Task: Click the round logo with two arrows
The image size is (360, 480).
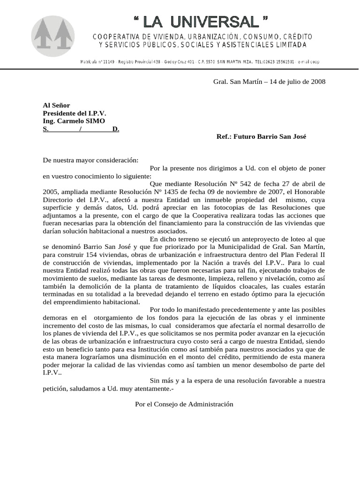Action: [x=52, y=37]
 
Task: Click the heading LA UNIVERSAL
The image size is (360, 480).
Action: [x=201, y=22]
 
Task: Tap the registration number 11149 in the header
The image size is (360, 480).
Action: [x=108, y=62]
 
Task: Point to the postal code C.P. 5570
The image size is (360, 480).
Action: [x=208, y=62]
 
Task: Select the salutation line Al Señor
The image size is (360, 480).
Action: [x=56, y=105]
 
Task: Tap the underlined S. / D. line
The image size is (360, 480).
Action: [x=81, y=129]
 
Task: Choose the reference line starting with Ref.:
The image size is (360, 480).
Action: [x=261, y=137]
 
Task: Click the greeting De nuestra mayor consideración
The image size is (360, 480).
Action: [x=91, y=160]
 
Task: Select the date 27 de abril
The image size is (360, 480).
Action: [x=301, y=184]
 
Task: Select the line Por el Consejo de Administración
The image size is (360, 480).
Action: [x=184, y=404]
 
